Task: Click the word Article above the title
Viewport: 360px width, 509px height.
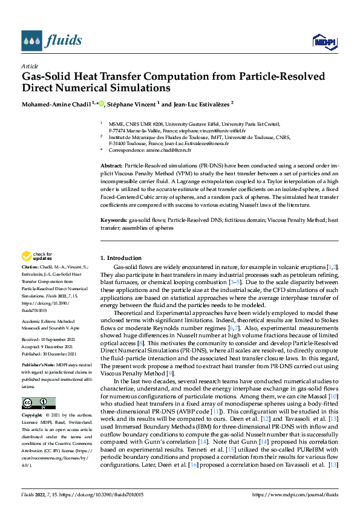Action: pyautogui.click(x=30, y=66)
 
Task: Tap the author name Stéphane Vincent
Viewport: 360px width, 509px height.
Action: pyautogui.click(x=133, y=104)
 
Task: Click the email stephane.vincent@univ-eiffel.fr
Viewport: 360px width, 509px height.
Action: pyautogui.click(x=215, y=130)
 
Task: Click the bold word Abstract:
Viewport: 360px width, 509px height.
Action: pyautogui.click(x=111, y=164)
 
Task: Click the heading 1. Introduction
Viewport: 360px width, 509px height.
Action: pyautogui.click(x=121, y=258)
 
